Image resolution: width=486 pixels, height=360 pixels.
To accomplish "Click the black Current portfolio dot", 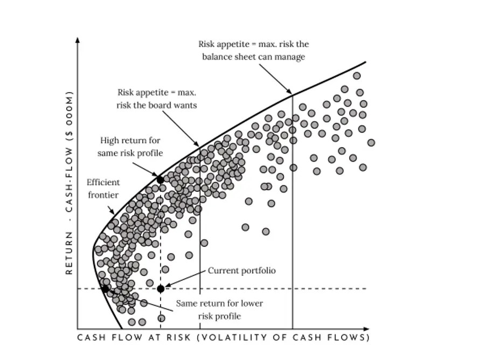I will tap(161, 289).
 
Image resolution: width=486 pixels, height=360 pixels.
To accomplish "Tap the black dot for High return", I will tap(160, 179).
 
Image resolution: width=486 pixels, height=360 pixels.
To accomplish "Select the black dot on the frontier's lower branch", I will tap(105, 289).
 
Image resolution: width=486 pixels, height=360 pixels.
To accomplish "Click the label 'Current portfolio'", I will tap(241, 271).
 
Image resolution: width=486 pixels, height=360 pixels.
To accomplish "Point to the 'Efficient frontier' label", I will tap(103, 189).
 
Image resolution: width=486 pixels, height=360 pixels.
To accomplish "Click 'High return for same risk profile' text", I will tap(130, 147).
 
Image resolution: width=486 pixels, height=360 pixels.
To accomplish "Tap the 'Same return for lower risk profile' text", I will tap(219, 309).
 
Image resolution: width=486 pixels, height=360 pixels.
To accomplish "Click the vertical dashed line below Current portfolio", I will tap(161, 310).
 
